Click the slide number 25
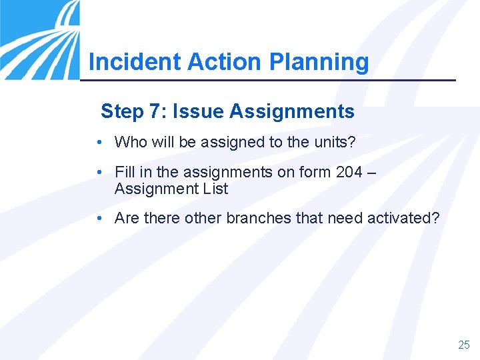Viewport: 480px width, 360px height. tap(464, 345)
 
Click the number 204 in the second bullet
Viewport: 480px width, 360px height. tap(349, 172)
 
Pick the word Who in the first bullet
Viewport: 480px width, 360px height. tap(128, 142)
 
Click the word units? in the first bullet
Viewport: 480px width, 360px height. tap(335, 142)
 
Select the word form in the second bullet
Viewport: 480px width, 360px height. tap(315, 172)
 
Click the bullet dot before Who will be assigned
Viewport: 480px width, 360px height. tap(99, 143)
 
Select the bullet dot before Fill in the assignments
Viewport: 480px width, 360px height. tap(99, 173)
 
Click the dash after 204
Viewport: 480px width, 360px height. tap(371, 173)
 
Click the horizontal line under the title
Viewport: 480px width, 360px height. tap(267, 81)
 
